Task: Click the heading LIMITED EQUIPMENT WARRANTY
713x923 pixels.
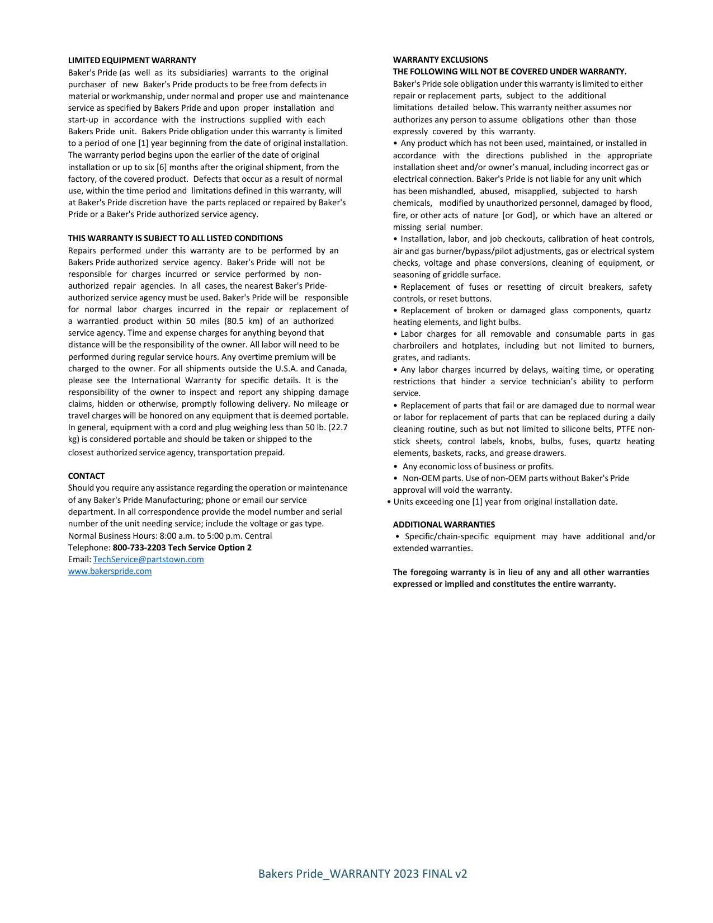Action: click(132, 60)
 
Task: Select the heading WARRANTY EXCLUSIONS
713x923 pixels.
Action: click(440, 60)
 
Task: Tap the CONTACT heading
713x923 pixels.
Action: click(86, 476)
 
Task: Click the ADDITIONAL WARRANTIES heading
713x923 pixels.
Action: click(443, 525)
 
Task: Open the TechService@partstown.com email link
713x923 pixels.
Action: click(148, 559)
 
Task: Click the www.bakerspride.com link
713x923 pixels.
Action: click(110, 571)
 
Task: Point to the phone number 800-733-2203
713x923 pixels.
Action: click(139, 548)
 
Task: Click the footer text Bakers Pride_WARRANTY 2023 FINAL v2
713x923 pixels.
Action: click(362, 874)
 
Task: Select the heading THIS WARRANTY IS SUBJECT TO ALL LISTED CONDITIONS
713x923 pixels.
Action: click(175, 238)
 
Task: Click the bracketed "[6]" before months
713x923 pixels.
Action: click(162, 167)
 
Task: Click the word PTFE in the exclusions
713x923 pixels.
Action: click(626, 429)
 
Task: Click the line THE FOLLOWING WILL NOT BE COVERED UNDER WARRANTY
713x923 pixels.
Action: click(509, 72)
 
